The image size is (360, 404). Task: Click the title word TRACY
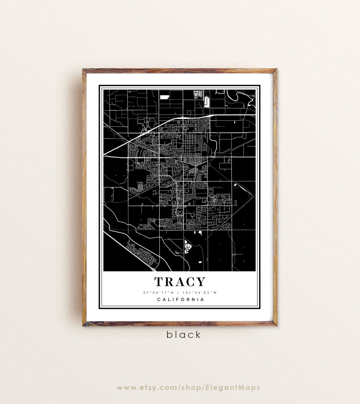click(x=180, y=282)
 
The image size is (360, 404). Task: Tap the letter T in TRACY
click(x=159, y=282)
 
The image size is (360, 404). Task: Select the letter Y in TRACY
click(x=201, y=282)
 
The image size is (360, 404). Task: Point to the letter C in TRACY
click(x=190, y=282)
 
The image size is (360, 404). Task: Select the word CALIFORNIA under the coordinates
click(x=180, y=299)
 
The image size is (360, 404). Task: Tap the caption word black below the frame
click(x=183, y=335)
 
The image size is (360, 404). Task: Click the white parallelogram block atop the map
click(x=164, y=97)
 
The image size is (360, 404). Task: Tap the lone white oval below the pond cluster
click(x=199, y=262)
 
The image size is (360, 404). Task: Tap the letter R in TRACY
click(x=169, y=282)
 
